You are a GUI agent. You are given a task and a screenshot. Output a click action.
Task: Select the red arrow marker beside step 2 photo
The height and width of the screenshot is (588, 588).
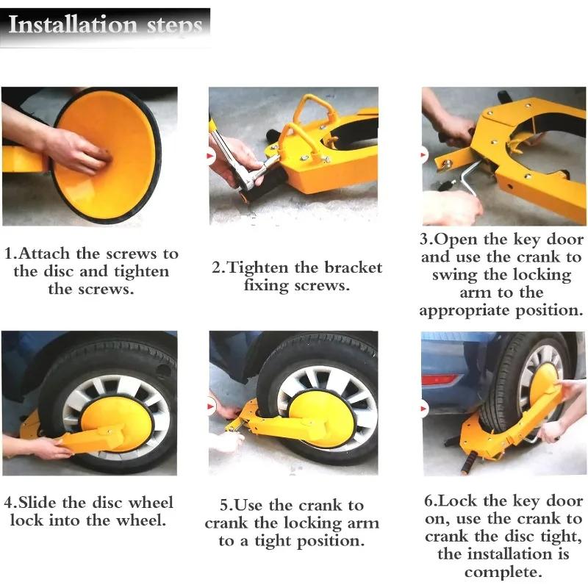pos(212,156)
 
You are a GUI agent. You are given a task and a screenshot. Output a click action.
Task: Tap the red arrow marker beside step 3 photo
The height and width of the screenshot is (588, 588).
pos(424,156)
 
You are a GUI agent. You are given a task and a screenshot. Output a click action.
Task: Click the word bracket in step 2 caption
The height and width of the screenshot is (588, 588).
pos(348,268)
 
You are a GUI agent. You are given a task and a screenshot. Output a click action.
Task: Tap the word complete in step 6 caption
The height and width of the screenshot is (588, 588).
pos(503,572)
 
